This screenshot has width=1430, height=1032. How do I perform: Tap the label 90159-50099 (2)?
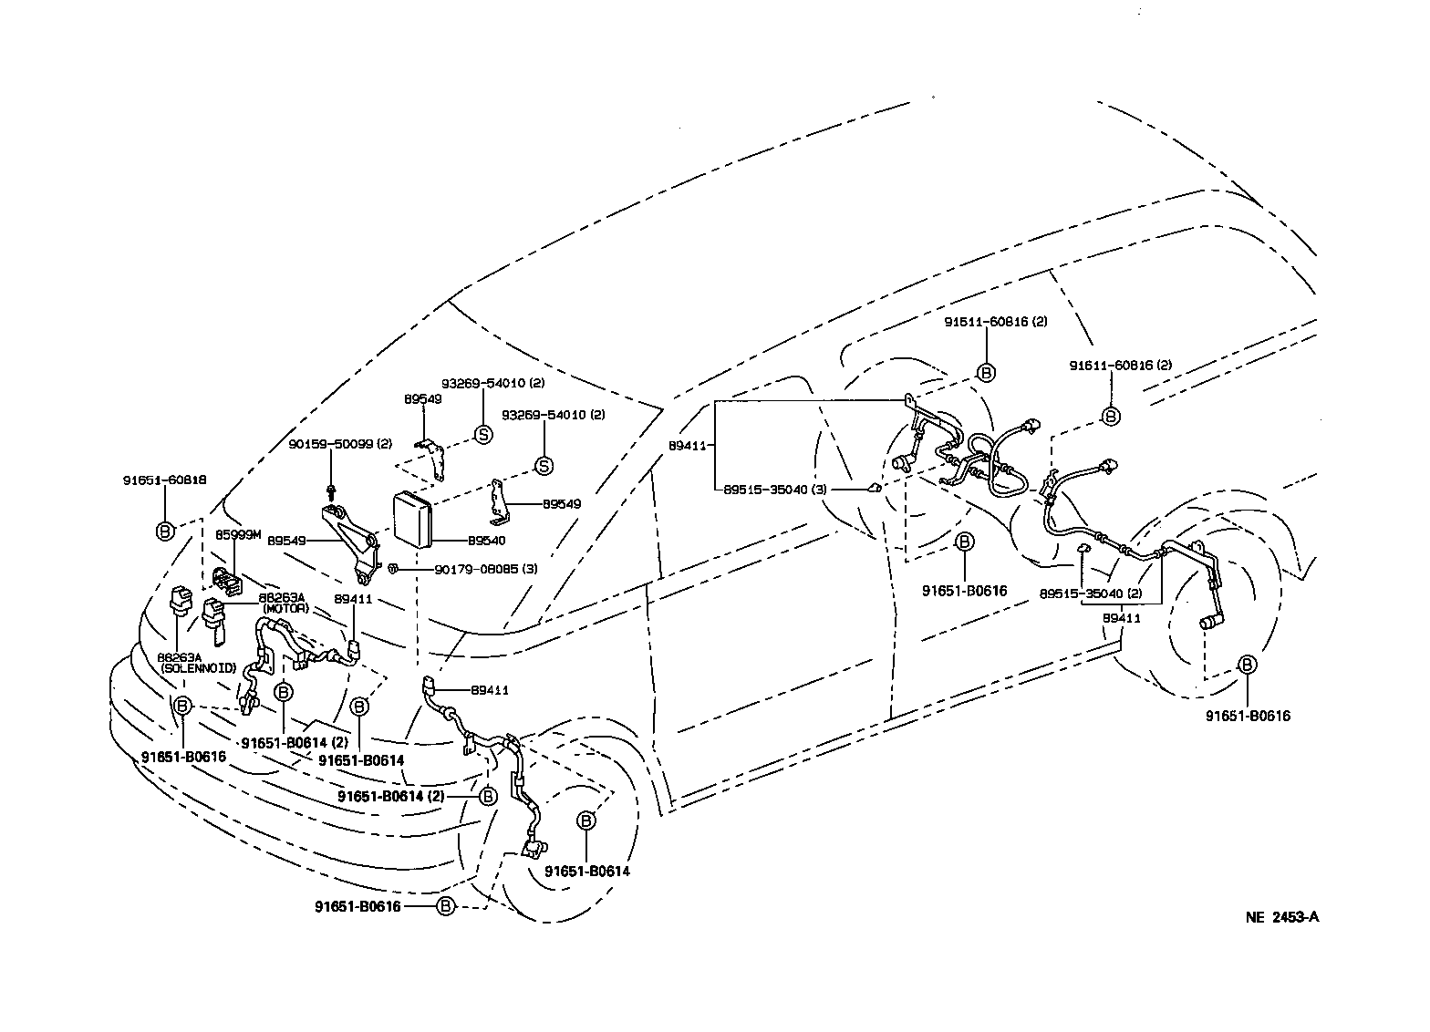pos(327,444)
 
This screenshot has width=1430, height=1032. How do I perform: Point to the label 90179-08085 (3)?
pos(486,569)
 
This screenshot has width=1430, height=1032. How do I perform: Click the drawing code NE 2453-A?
pos(1282,917)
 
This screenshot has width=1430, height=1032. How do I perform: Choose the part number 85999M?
pos(238,535)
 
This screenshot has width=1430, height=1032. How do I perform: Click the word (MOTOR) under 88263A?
pos(285,608)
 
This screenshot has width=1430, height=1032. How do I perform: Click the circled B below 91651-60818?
pos(165,531)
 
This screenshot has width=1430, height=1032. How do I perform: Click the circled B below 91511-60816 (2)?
pos(986,372)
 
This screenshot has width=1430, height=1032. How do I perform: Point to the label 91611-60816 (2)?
pos(1120,366)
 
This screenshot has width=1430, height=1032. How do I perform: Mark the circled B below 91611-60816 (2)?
pos(1111,416)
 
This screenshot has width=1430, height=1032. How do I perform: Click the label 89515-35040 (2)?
pos(1091,593)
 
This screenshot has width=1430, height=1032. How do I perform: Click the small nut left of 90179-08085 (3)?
pos(391,568)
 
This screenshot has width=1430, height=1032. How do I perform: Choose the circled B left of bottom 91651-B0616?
pos(445,906)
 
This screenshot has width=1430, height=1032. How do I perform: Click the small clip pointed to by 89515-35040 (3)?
pos(874,488)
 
